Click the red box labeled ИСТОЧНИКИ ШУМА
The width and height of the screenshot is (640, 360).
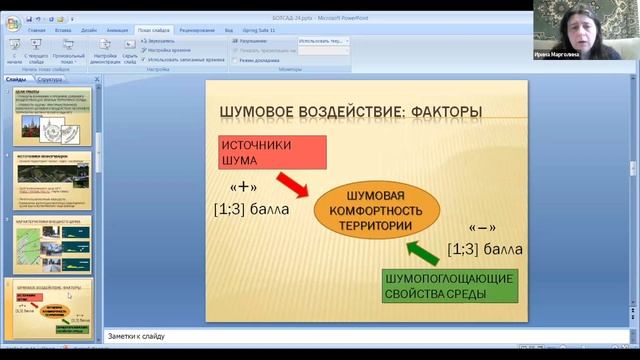(x=272, y=151)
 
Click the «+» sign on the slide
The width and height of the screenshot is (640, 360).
(x=244, y=187)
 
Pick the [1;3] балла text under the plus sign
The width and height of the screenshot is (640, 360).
(x=251, y=210)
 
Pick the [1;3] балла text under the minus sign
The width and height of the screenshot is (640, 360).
(x=485, y=248)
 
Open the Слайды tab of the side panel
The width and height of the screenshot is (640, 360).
(x=16, y=78)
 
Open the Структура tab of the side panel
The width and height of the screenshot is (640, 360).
(x=49, y=78)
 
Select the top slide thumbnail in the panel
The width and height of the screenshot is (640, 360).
(x=52, y=116)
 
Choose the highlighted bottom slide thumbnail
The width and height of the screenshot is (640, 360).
(x=52, y=304)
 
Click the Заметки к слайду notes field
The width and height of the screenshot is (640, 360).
(x=300, y=337)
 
